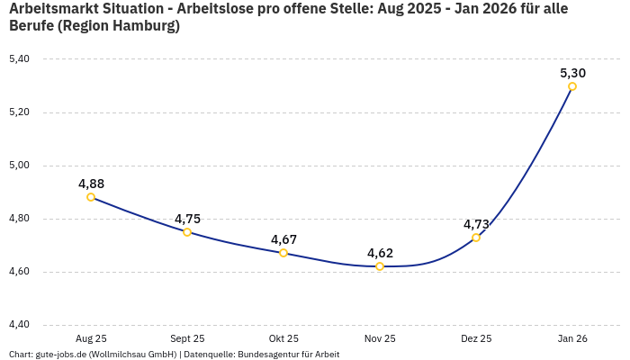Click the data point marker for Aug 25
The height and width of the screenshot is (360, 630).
[91, 197]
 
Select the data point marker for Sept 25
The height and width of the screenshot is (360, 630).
[187, 232]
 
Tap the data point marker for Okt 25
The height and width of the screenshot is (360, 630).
[283, 253]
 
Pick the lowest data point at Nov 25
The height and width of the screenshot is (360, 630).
[380, 266]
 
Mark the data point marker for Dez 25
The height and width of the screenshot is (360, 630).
[476, 238]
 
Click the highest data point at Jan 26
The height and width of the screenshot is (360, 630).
[572, 86]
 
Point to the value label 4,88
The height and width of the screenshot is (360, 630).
[91, 184]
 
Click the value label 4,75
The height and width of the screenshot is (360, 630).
[187, 219]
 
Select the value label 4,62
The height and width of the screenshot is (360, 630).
[380, 253]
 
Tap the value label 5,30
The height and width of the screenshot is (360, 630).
[572, 73]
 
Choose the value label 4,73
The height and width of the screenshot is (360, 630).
[476, 224]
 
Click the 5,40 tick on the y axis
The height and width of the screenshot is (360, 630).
[19, 59]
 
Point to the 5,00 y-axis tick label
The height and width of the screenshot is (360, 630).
[19, 166]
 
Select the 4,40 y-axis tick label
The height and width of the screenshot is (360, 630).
[19, 325]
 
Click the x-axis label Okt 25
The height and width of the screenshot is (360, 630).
[283, 338]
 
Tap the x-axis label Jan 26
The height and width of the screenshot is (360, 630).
[572, 338]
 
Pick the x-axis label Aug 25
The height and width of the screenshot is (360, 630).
[91, 338]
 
